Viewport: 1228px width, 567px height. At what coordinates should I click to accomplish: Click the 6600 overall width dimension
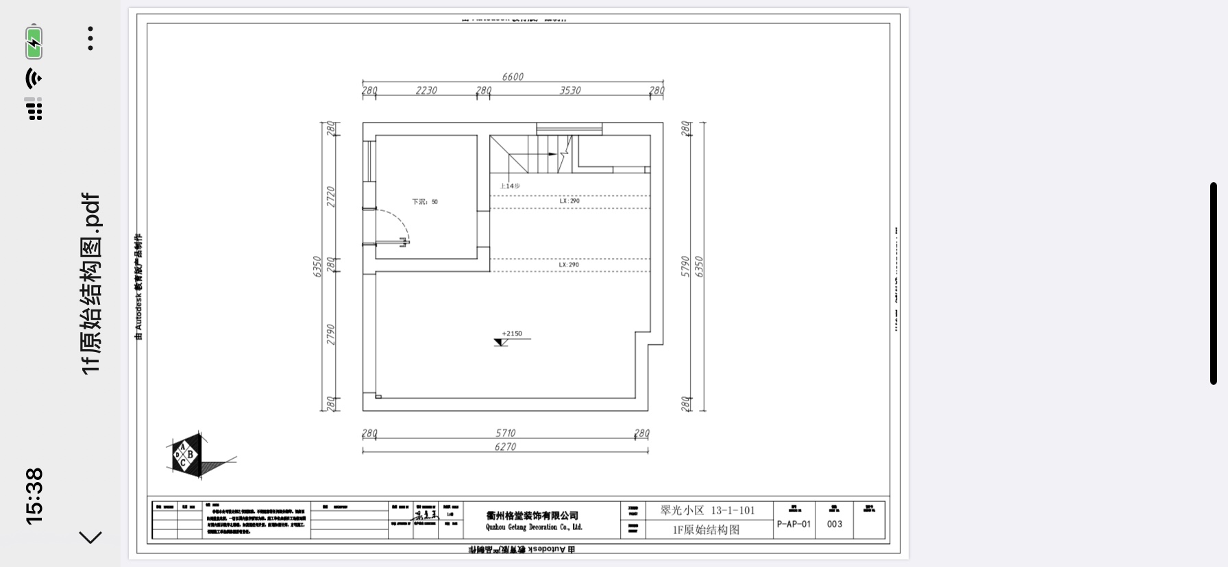(513, 77)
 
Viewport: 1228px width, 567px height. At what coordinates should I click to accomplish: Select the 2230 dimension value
(426, 90)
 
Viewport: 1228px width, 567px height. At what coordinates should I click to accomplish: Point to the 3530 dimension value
(570, 90)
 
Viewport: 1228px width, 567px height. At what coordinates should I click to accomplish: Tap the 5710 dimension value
(506, 433)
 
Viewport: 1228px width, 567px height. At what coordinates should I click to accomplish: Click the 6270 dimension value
(506, 446)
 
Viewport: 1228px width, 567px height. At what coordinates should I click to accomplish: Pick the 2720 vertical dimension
(331, 197)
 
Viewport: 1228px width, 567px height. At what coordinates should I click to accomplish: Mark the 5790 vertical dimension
(685, 266)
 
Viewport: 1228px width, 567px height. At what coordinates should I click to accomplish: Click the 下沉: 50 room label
(425, 202)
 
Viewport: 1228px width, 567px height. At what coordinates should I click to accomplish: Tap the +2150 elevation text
(512, 334)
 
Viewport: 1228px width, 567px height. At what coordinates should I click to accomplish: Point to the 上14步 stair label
(510, 186)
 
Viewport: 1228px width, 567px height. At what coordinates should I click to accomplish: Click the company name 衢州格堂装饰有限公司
(532, 516)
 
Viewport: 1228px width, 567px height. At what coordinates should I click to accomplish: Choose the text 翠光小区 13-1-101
(707, 510)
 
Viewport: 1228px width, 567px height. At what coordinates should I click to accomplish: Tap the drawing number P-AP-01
(794, 524)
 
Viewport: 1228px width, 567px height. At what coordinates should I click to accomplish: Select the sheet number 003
(834, 524)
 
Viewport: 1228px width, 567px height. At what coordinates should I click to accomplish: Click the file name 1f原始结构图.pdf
(91, 283)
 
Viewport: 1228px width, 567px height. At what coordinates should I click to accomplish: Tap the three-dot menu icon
(90, 39)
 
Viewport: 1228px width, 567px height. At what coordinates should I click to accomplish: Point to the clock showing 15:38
(34, 496)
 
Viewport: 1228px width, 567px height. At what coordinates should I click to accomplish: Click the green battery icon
(34, 42)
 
